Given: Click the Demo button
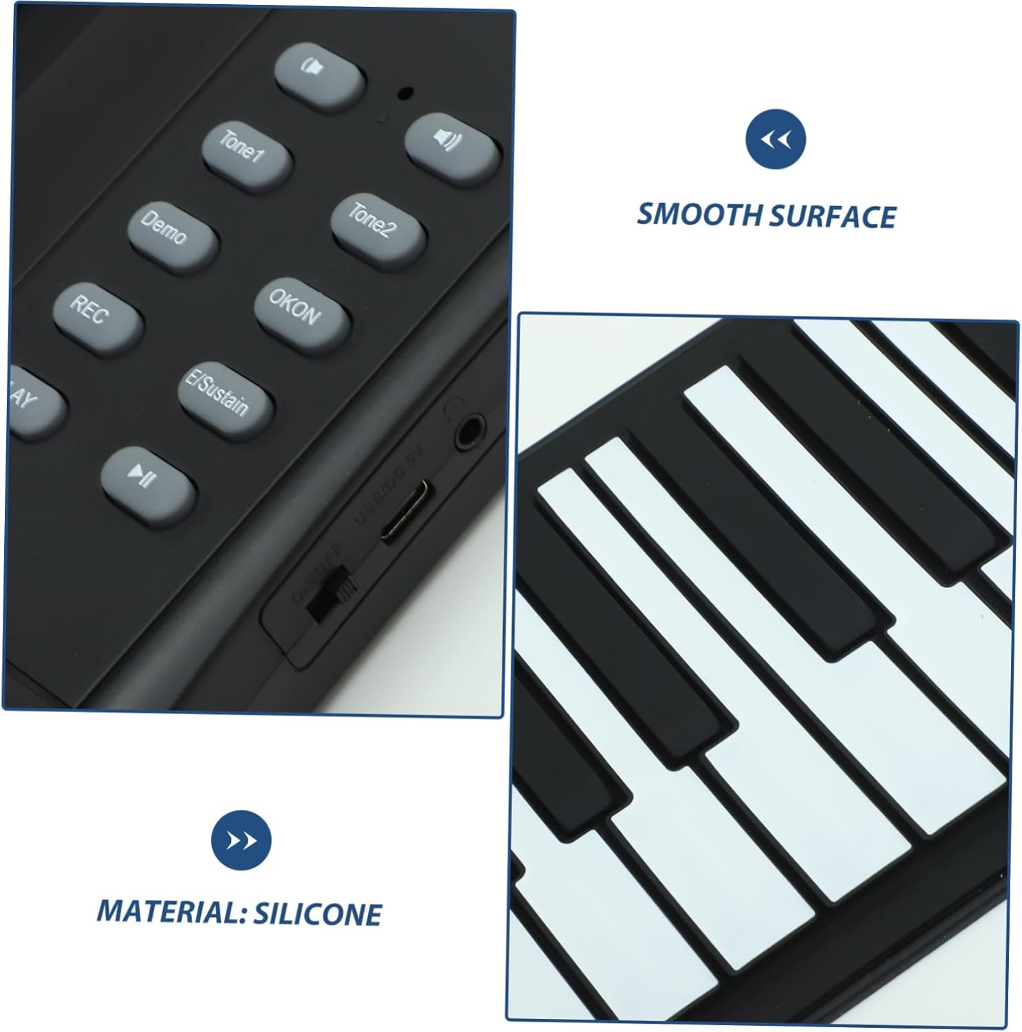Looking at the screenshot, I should [172, 237].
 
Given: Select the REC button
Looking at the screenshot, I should [97, 316].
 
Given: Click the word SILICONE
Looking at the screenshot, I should [317, 914].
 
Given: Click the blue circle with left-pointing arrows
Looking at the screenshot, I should [775, 140].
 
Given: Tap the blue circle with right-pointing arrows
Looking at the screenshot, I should [242, 840].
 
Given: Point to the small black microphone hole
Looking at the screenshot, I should [407, 92].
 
